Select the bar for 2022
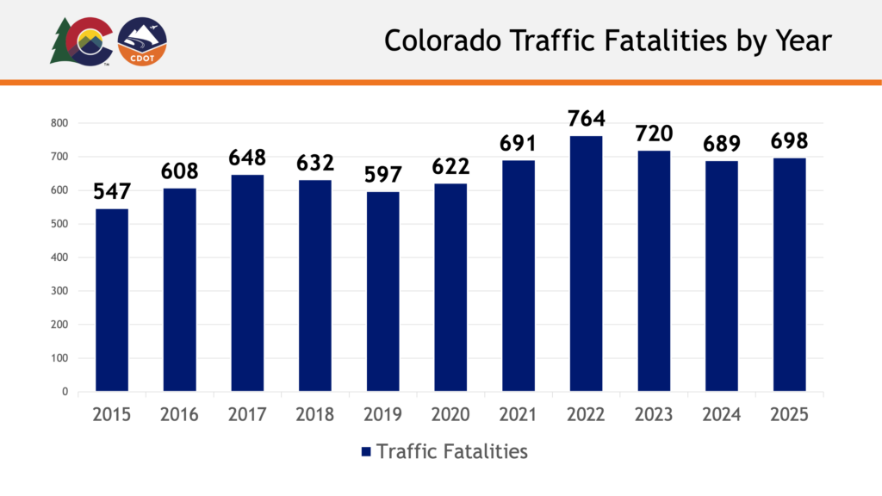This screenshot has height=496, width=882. click(x=586, y=263)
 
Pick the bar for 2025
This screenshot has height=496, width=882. click(x=789, y=275)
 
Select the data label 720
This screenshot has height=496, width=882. click(x=654, y=133)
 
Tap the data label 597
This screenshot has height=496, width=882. click(x=382, y=174)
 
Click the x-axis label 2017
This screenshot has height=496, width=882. click(x=247, y=415)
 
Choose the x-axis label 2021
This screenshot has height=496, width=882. click(x=518, y=415)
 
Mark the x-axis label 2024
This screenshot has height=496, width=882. click(x=721, y=415)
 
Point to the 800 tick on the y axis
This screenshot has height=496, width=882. click(x=59, y=123)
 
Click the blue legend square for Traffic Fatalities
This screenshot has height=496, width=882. click(x=365, y=451)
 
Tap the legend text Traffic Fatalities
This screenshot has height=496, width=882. click(x=452, y=450)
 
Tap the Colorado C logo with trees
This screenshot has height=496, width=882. click(x=81, y=41)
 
